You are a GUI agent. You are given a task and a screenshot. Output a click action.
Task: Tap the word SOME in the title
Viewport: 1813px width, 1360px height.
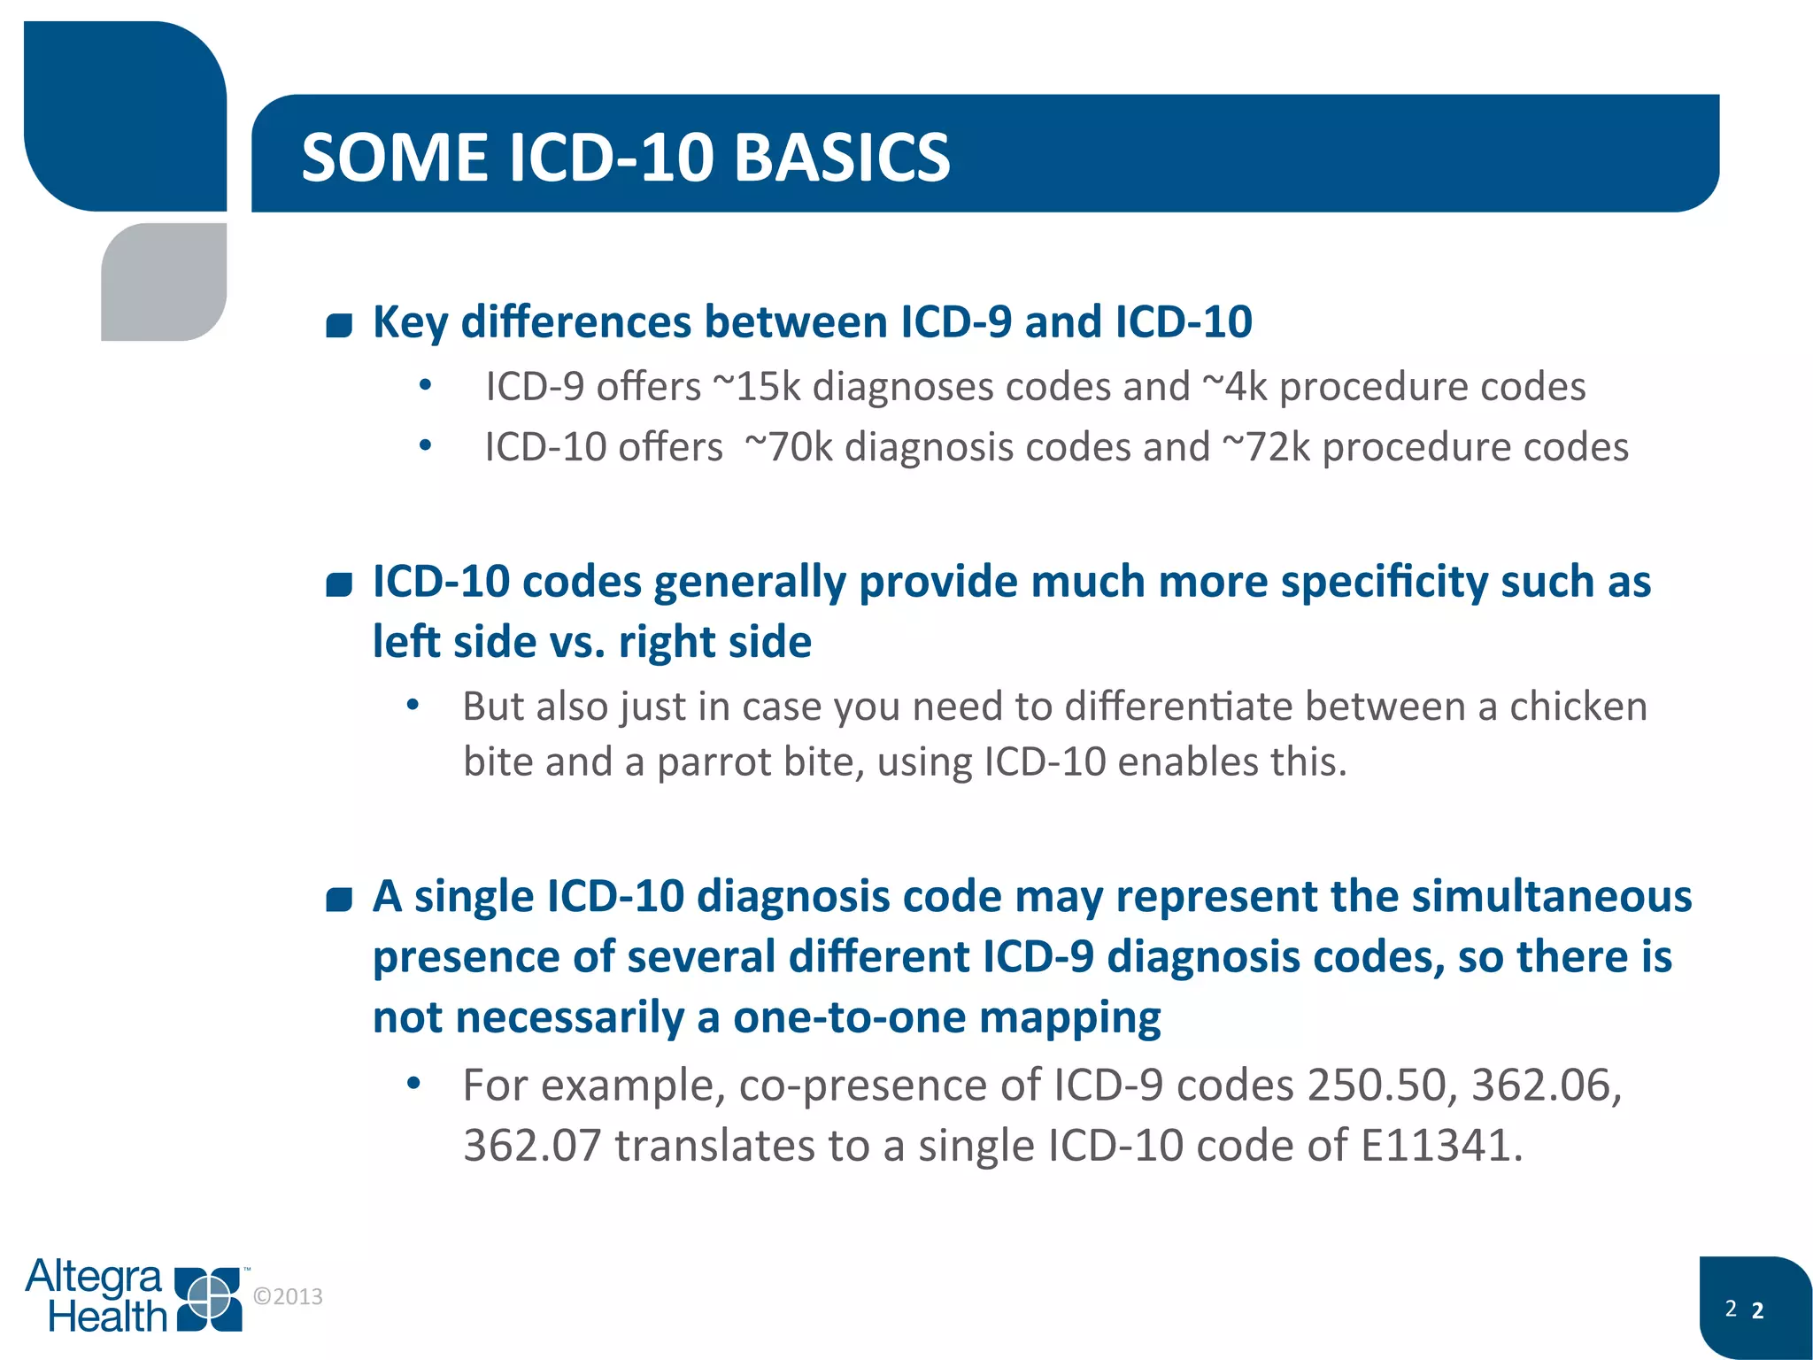click(394, 158)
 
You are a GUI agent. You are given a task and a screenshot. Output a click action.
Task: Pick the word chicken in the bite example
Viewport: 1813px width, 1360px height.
click(1578, 707)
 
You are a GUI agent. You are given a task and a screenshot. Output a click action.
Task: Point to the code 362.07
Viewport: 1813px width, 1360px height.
click(532, 1145)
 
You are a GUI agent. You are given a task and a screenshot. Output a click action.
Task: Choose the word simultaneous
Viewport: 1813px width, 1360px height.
click(1551, 896)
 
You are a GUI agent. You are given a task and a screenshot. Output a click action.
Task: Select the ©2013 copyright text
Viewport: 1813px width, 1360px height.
click(288, 1296)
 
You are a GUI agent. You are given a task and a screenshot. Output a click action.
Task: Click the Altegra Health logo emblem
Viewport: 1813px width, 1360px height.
click(209, 1299)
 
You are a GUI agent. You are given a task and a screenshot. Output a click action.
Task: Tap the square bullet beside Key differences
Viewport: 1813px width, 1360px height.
click(339, 325)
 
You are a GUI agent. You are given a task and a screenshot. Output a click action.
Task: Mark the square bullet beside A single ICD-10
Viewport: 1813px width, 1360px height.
click(339, 900)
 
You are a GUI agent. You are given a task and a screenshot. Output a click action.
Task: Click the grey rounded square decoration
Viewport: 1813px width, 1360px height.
click(165, 282)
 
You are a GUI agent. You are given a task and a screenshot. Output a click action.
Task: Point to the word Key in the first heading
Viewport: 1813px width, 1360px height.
click(410, 322)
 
